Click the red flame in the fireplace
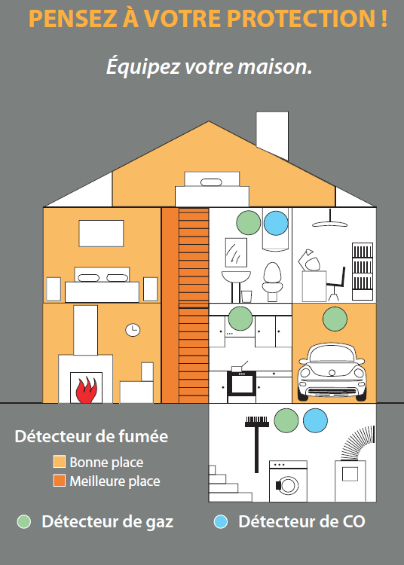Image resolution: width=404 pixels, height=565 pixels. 86,390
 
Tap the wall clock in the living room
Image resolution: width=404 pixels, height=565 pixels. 133,330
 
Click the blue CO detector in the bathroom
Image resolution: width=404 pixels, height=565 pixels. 276,223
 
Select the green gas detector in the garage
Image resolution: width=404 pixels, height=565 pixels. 335,319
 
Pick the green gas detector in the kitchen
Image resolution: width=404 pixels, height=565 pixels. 240,319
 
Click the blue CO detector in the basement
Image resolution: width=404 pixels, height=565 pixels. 315,420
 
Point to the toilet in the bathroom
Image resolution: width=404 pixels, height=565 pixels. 272,282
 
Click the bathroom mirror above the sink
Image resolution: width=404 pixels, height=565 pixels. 236,252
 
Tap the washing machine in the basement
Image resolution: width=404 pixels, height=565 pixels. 289,481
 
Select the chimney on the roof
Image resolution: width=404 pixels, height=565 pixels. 272,136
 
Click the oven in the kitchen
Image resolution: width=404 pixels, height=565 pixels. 241,385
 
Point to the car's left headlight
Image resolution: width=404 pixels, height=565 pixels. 305,373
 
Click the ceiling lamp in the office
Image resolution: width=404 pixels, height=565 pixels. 330,219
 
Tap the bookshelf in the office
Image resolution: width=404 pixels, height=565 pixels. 363,271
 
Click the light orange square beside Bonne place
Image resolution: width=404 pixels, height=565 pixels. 60,462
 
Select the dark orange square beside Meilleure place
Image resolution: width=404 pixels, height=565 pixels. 60,481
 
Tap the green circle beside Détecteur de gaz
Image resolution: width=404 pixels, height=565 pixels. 24,521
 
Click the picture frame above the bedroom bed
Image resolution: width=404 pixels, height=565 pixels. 101,234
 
